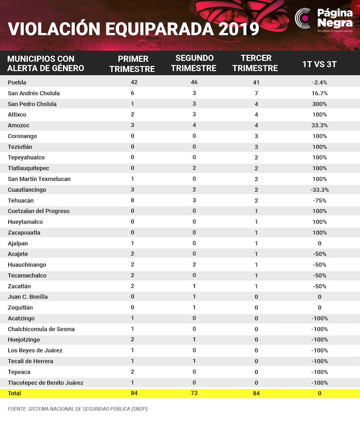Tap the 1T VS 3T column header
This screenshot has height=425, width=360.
[x=320, y=63]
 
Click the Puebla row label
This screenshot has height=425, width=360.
[x=17, y=82]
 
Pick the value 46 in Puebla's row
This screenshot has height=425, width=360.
[x=194, y=82]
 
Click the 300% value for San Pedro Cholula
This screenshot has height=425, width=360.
[x=320, y=104]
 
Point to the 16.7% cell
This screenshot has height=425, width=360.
[x=320, y=93]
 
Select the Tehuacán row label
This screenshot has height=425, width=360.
[x=21, y=200]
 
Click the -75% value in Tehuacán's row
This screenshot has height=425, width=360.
[x=320, y=200]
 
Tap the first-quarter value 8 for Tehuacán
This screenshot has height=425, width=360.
[x=133, y=200]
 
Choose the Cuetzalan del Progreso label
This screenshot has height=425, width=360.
[x=39, y=211]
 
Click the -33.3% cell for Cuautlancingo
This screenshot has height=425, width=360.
[x=320, y=190]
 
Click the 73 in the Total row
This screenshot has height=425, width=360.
[x=194, y=393]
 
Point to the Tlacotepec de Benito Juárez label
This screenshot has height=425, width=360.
[x=46, y=382]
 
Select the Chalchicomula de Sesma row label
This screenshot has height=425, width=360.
[x=41, y=329]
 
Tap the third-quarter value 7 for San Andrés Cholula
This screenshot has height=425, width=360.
[x=256, y=93]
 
